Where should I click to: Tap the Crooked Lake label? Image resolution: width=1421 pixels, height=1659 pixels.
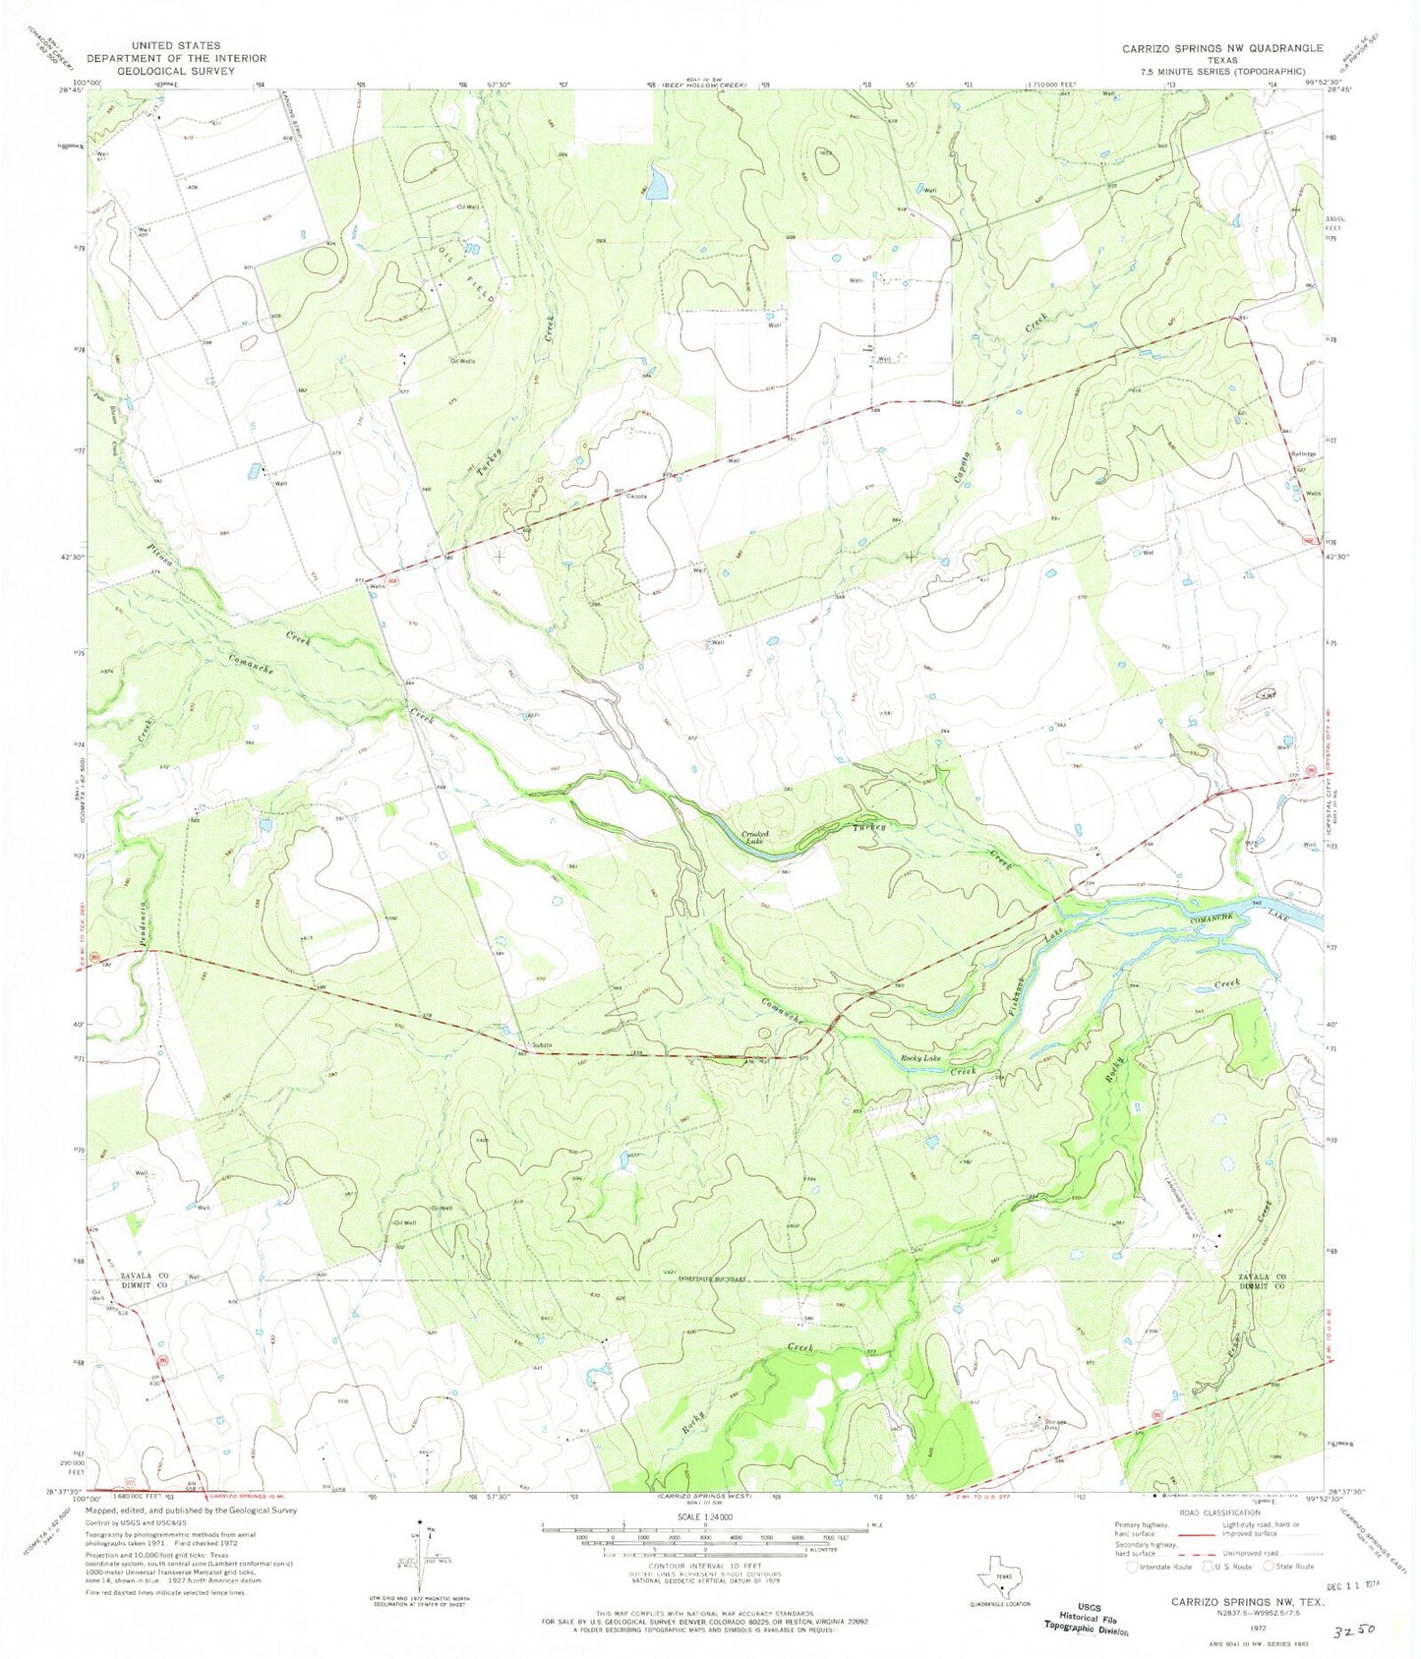pos(755,837)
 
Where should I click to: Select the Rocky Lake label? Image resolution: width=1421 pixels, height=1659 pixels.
pos(920,1058)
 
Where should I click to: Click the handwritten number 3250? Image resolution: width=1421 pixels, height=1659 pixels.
pos(1351,1629)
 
